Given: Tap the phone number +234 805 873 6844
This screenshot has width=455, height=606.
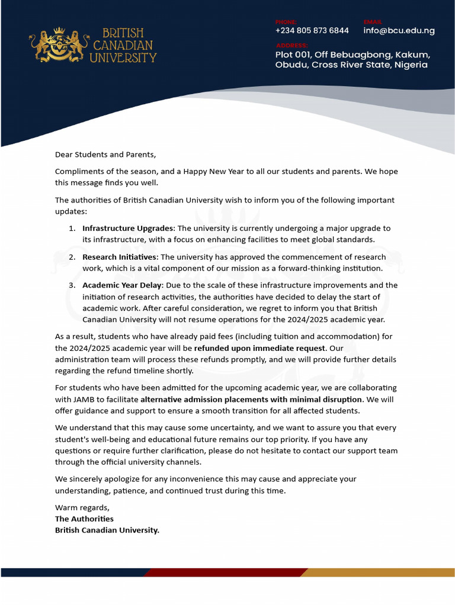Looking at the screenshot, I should tap(312, 31).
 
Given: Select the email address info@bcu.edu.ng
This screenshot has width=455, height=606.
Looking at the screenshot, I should tap(399, 31).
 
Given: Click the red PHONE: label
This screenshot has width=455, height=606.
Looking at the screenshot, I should tap(286, 22).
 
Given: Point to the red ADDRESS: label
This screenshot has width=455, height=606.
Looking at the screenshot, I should tap(291, 46).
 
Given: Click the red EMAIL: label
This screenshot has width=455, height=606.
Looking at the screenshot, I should tap(373, 22).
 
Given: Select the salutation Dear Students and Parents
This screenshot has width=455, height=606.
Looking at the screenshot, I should tap(105, 154).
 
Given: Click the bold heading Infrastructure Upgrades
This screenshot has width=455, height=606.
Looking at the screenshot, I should tap(128, 228).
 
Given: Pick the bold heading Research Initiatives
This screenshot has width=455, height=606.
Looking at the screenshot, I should tap(120, 257).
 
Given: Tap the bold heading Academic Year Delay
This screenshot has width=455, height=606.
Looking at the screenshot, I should tap(122, 286).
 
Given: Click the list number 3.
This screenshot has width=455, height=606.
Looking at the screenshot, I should tap(71, 286).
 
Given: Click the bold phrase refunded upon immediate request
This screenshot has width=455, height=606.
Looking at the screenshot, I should tap(259, 349).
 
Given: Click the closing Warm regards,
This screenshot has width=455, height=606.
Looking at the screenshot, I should tap(82, 508).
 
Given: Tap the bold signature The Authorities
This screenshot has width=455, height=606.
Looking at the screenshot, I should tap(84, 519).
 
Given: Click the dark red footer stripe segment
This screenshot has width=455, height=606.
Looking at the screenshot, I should tap(225, 572).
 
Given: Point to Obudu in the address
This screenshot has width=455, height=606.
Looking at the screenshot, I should tap(291, 65).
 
